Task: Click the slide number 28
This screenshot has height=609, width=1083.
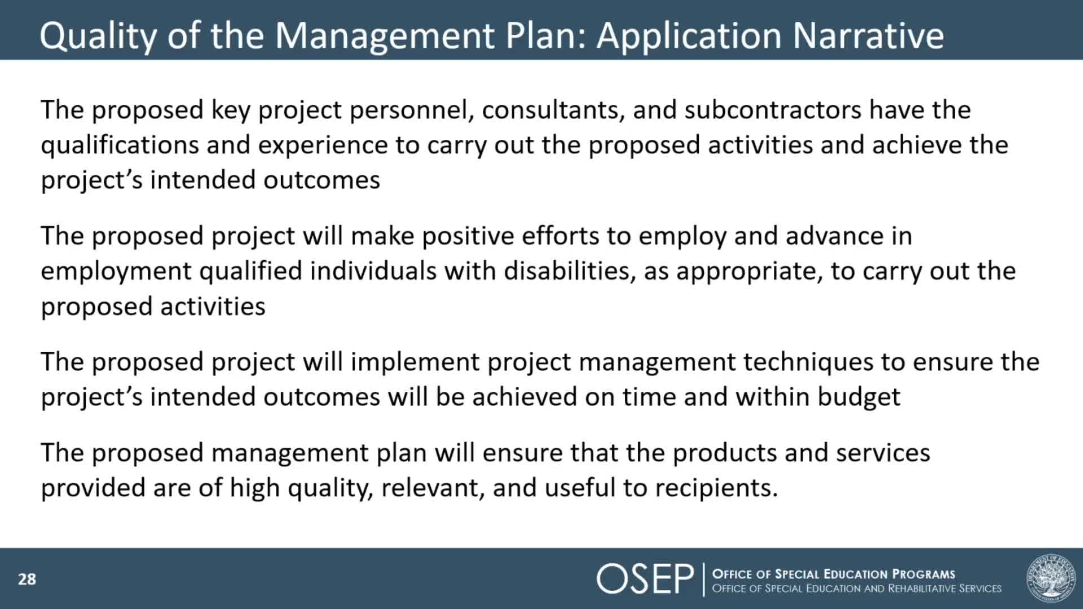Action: pos(27,579)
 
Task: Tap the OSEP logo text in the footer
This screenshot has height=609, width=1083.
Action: pos(645,579)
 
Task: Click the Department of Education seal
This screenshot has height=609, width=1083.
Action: pos(1050,577)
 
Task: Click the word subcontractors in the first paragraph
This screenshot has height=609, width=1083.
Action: pos(772,110)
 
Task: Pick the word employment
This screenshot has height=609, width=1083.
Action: pos(116,271)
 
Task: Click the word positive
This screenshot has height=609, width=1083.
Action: pos(468,236)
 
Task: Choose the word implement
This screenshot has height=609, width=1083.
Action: pos(415,362)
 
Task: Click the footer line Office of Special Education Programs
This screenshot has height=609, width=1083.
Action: pos(833,574)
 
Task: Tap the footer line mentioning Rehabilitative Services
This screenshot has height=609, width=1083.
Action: pos(856,589)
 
